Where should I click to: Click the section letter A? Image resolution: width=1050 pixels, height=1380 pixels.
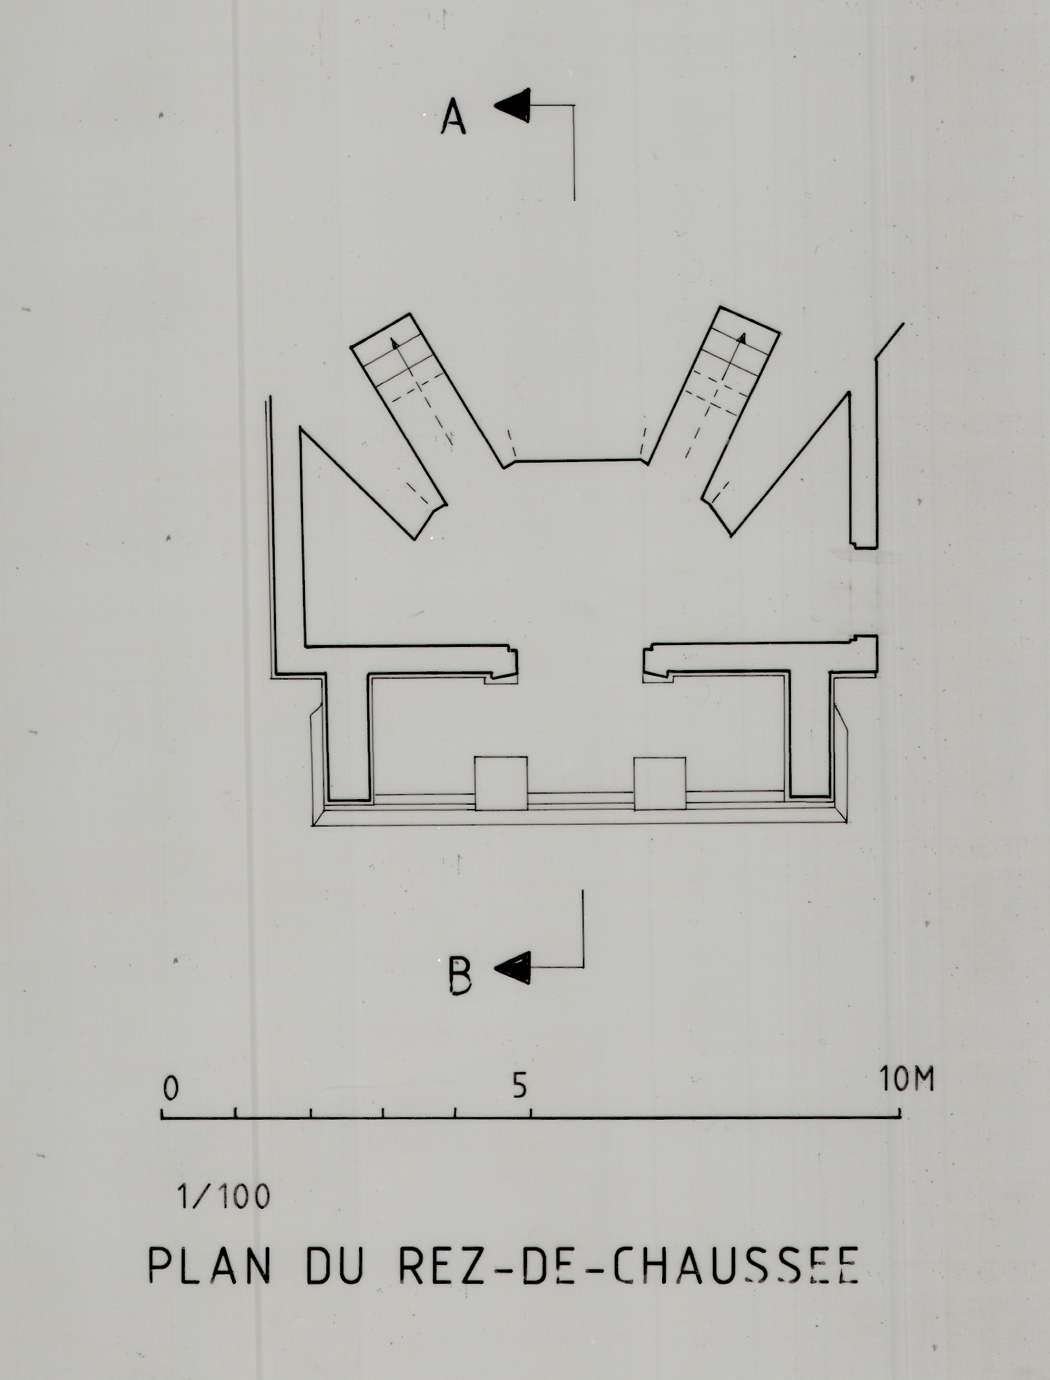point(453,119)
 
